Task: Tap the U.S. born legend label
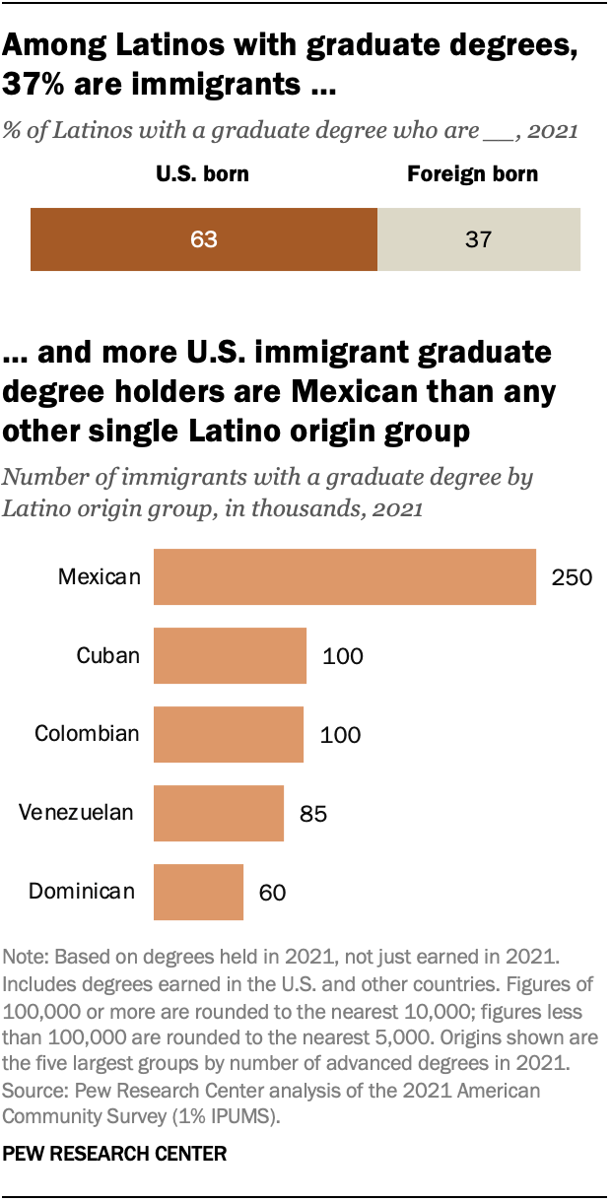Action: coord(202,175)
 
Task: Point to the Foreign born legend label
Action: coord(473,175)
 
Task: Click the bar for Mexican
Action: coord(345,576)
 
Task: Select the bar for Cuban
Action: coord(231,655)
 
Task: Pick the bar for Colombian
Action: coord(229,734)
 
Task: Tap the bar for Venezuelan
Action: coord(219,813)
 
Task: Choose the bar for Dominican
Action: coord(198,892)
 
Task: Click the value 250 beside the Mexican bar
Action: coord(572,577)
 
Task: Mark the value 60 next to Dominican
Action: coord(272,893)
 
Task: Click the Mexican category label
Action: coord(100,576)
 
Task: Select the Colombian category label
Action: coord(88,734)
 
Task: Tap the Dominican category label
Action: coord(82,892)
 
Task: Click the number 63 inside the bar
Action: coord(204,239)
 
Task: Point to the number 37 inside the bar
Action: coord(478,239)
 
